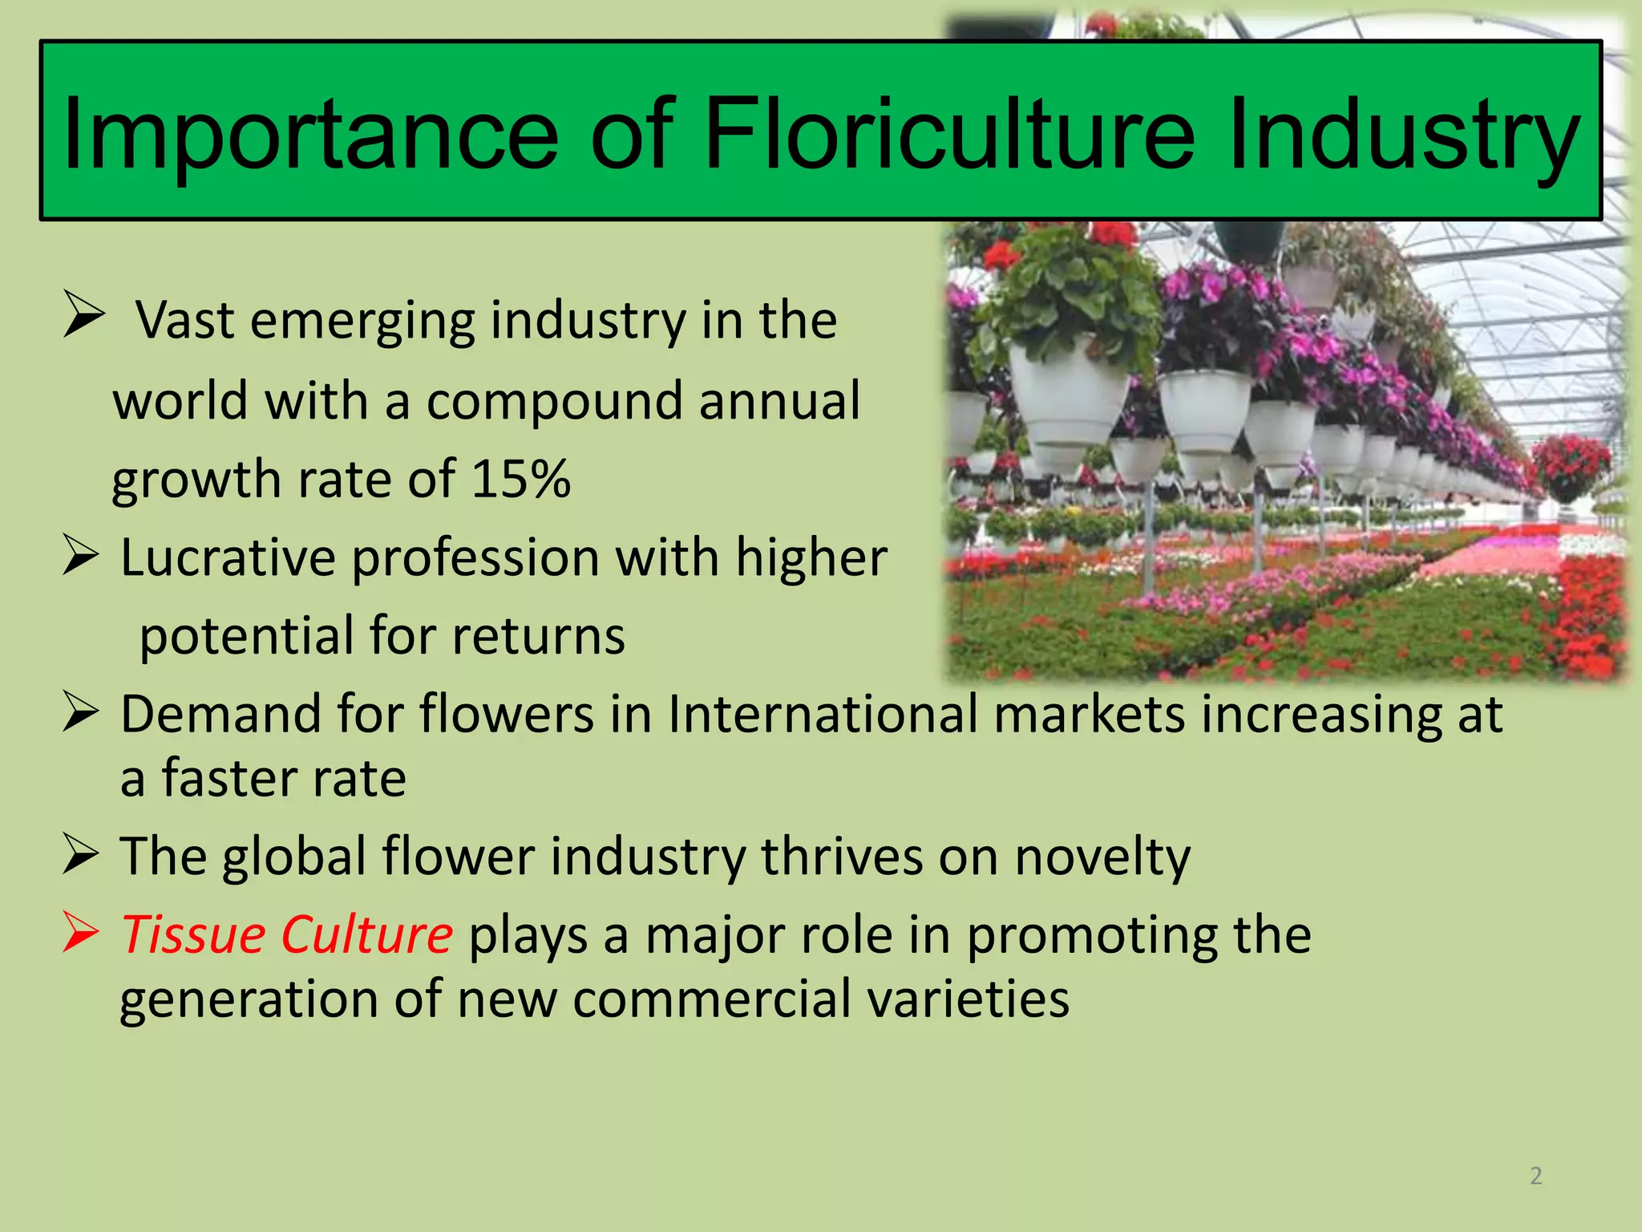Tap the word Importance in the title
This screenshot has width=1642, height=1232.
(x=309, y=135)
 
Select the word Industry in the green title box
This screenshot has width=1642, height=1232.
(x=1403, y=135)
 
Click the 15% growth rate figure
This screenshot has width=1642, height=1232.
(x=521, y=479)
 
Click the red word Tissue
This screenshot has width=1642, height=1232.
(x=193, y=935)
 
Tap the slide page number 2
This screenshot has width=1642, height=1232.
(x=1536, y=1176)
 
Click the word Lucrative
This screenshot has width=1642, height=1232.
(x=228, y=557)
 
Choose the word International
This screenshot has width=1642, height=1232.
(x=823, y=714)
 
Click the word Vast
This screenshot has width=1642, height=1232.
(x=184, y=320)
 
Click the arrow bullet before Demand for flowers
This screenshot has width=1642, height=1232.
(x=81, y=711)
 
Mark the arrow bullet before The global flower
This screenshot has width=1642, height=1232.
(x=81, y=855)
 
